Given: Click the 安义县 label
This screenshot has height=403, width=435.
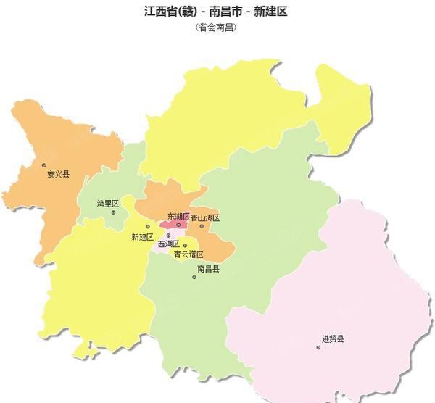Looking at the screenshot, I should coord(58,175).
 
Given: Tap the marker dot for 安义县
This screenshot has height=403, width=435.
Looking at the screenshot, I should coord(43,165).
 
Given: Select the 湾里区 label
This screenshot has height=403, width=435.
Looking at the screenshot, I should coord(108,204).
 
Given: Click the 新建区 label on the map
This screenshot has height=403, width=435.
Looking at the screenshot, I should coord(142,236).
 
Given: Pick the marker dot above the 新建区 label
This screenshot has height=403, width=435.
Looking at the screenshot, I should coord(148,227).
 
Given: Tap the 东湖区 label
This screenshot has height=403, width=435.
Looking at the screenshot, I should coord(178,217).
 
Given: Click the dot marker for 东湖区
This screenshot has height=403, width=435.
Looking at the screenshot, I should coord(178,225).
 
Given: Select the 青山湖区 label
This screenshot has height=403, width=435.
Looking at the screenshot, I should coord(205,217).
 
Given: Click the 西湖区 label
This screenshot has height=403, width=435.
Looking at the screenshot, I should coord(168,244).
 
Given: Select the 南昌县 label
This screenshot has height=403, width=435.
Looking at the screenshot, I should coord(208,268).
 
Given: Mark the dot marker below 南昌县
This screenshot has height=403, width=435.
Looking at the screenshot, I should coord(194,277).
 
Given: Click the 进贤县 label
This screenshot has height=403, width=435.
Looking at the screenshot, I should coord(333,338).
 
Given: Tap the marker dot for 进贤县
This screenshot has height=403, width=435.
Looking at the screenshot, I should coord(318,347).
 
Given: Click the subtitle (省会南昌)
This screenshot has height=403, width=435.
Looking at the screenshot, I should coord(217,28).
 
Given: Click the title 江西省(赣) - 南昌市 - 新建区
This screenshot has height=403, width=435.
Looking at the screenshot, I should coord(217,12).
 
